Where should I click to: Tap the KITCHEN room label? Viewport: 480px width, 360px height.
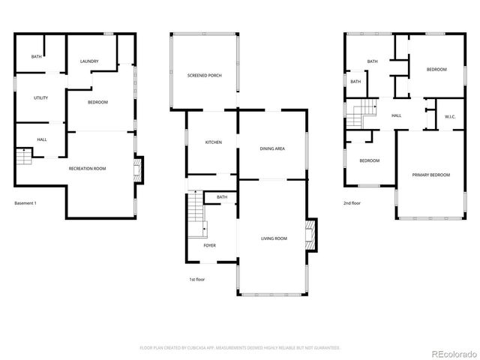tap(214, 142)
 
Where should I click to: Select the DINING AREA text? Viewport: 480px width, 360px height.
tap(271, 148)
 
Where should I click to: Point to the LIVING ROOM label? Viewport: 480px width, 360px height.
tap(274, 238)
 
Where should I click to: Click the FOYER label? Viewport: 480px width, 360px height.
tap(210, 245)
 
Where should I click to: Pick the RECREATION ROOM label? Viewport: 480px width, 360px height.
tap(87, 169)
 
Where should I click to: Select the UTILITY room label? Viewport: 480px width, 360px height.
tap(41, 98)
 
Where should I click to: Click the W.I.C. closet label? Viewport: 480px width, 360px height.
tap(450, 116)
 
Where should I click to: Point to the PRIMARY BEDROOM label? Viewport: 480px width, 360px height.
tap(430, 175)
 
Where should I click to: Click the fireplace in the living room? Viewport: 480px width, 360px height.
tap(310, 235)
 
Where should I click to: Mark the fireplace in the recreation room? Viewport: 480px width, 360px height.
tap(137, 169)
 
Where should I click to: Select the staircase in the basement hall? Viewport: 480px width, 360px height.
tap(24, 158)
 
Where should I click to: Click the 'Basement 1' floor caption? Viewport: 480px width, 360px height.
tap(25, 203)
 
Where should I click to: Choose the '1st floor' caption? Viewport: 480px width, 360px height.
tap(197, 279)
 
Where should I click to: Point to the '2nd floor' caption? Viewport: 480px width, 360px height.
tap(352, 203)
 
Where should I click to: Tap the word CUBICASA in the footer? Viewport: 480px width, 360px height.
tap(220, 348)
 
